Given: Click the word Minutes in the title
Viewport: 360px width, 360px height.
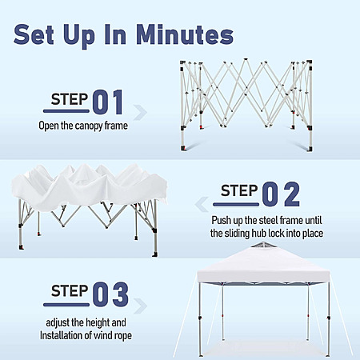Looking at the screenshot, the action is point(185,35).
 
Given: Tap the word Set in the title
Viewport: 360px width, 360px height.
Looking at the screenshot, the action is point(34,35).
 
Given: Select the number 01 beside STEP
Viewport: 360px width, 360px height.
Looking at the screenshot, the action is point(108,102).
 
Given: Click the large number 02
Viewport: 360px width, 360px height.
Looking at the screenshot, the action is point(281,194).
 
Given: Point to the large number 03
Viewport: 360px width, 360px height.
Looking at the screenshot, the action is point(110,294).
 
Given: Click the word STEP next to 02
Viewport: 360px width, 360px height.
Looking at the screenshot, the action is point(239,190).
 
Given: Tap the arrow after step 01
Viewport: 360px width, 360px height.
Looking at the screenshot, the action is point(140,113).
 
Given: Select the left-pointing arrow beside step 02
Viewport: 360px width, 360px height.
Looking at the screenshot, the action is point(202,205).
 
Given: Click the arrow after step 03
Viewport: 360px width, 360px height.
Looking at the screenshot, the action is point(140,306).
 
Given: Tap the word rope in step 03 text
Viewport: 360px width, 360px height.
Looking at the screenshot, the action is point(123,336).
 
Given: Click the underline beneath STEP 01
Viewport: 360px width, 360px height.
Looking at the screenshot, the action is point(66,111).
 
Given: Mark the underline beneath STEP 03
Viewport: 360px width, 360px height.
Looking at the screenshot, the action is point(66,304).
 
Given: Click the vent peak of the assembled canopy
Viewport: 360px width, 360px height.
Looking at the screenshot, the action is point(262,244).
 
